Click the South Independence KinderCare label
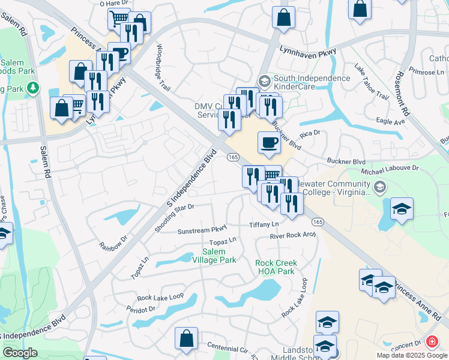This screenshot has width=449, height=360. click(x=312, y=83)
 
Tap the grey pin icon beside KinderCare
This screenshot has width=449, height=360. click(x=264, y=80)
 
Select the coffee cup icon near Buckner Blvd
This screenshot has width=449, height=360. click(x=269, y=143)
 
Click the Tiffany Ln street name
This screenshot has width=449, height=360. click(x=265, y=224)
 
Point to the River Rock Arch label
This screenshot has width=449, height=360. click(x=292, y=235)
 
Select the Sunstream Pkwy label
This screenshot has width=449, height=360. click(x=202, y=230)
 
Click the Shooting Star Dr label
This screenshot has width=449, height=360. click(x=174, y=217)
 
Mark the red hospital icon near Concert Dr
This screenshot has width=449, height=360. click(x=431, y=342)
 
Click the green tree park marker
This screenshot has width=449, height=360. click(x=34, y=88)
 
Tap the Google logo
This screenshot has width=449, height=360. click(x=20, y=352)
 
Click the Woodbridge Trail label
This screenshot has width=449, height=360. click(x=163, y=66)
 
